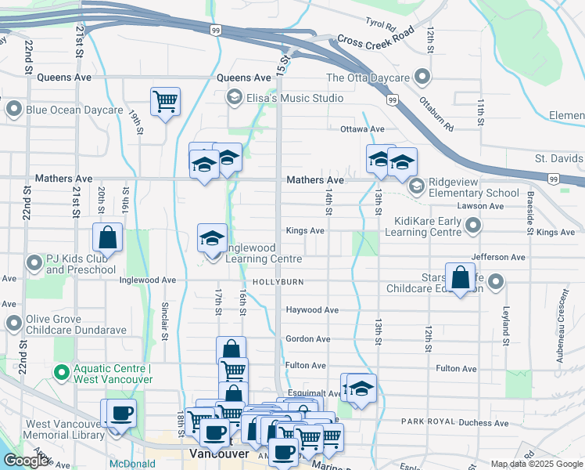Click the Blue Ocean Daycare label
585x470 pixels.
(x=74, y=110)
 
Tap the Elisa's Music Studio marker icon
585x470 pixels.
(x=233, y=98)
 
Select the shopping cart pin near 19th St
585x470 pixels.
(x=165, y=101)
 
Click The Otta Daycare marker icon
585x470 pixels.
(x=422, y=78)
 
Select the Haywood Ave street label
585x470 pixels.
(x=311, y=310)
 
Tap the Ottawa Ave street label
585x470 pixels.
(x=362, y=129)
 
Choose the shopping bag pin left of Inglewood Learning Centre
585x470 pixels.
(x=107, y=237)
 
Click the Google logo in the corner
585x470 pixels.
(x=27, y=461)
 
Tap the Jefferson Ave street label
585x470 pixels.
(x=498, y=257)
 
